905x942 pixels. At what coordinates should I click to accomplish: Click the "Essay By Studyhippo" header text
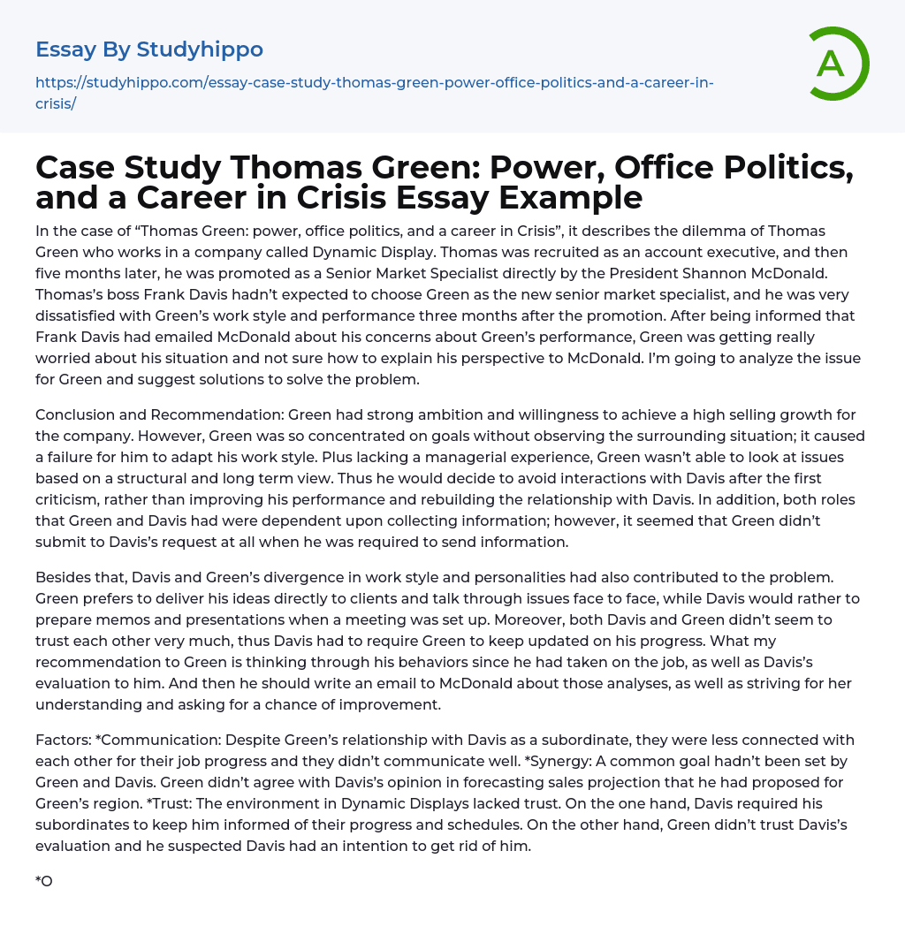[x=149, y=49]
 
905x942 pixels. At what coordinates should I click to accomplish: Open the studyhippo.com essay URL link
[x=374, y=83]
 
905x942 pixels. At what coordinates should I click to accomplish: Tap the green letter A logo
[x=832, y=64]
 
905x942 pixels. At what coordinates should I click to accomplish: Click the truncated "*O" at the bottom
[x=44, y=881]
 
